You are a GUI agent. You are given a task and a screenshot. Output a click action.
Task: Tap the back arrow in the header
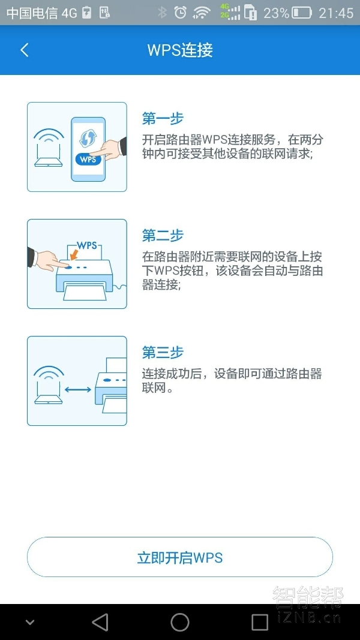click(25, 50)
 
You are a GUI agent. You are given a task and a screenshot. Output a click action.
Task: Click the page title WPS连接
click(180, 50)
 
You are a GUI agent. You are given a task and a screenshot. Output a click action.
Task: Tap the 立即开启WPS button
click(180, 557)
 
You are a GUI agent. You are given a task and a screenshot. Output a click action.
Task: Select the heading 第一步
click(163, 119)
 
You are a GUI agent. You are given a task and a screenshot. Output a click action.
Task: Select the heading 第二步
click(163, 236)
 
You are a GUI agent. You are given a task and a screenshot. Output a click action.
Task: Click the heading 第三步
click(163, 352)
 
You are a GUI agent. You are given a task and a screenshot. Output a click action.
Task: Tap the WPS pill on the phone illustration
click(88, 160)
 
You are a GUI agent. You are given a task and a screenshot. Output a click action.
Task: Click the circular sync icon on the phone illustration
click(88, 137)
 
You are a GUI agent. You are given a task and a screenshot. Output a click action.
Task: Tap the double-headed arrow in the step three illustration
click(77, 390)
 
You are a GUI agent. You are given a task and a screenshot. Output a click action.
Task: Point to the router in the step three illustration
click(49, 384)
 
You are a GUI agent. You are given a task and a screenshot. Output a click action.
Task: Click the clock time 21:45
click(336, 13)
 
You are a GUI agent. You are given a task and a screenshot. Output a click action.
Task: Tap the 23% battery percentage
click(276, 13)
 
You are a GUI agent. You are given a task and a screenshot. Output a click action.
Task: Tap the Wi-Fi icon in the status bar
click(202, 13)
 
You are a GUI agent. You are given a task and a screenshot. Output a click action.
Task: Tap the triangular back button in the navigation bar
click(100, 622)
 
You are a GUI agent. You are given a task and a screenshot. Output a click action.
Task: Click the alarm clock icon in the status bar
click(180, 13)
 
